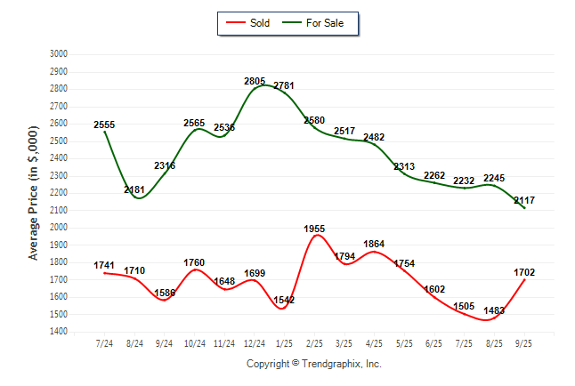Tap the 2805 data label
(x=255, y=82)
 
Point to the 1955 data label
(x=314, y=229)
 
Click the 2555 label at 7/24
(x=104, y=125)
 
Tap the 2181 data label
(x=134, y=190)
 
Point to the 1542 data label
(x=285, y=301)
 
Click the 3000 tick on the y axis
(x=59, y=54)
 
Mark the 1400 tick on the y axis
(x=59, y=332)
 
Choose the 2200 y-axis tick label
(x=59, y=193)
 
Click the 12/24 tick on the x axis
(x=255, y=342)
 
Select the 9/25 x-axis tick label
(x=525, y=342)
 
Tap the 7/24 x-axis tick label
(x=104, y=342)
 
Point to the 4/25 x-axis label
(x=375, y=342)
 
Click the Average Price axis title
(x=34, y=193)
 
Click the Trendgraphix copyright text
(x=313, y=364)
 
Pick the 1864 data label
(x=375, y=245)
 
